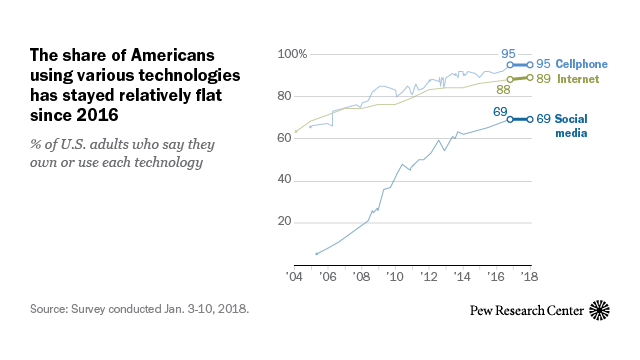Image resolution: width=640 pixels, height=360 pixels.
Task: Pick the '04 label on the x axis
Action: pos(294,275)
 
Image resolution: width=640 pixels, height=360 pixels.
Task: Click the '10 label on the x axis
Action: pos(395,275)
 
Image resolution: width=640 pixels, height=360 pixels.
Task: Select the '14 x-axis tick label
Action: pos(462,275)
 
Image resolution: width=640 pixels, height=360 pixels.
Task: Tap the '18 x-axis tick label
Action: pos(529,275)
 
